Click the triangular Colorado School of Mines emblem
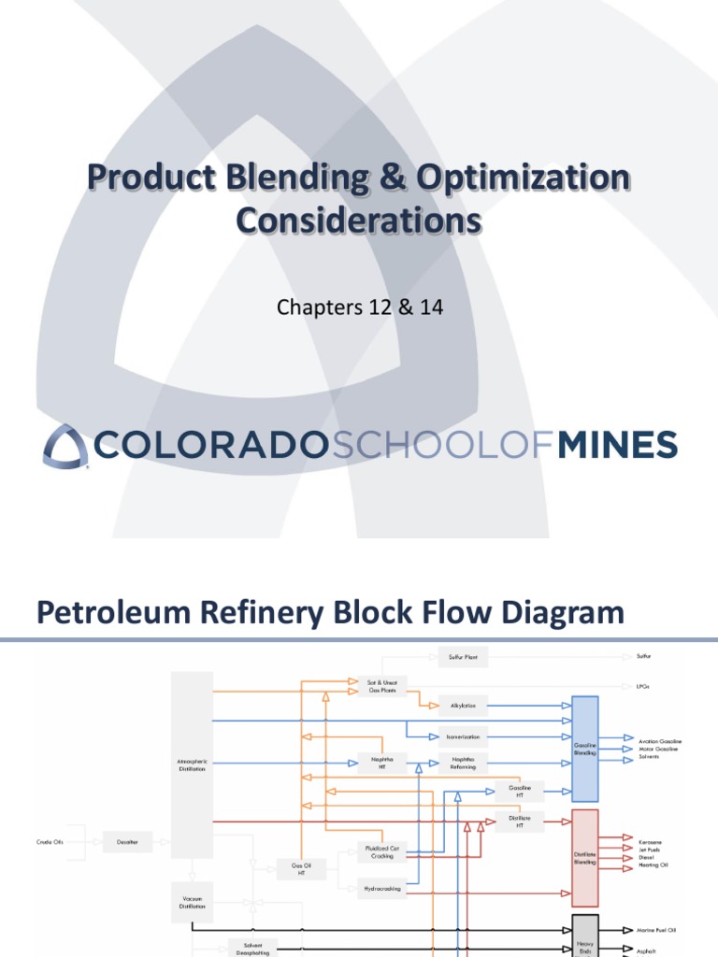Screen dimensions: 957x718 coord(65,446)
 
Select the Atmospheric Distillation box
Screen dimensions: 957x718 coord(192,765)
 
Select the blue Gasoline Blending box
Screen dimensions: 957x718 coord(584,749)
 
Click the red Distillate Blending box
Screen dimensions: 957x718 coord(584,857)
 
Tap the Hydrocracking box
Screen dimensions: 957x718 coord(382,889)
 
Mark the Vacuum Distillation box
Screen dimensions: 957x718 coord(192,902)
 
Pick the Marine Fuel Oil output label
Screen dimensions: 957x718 coord(657,930)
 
